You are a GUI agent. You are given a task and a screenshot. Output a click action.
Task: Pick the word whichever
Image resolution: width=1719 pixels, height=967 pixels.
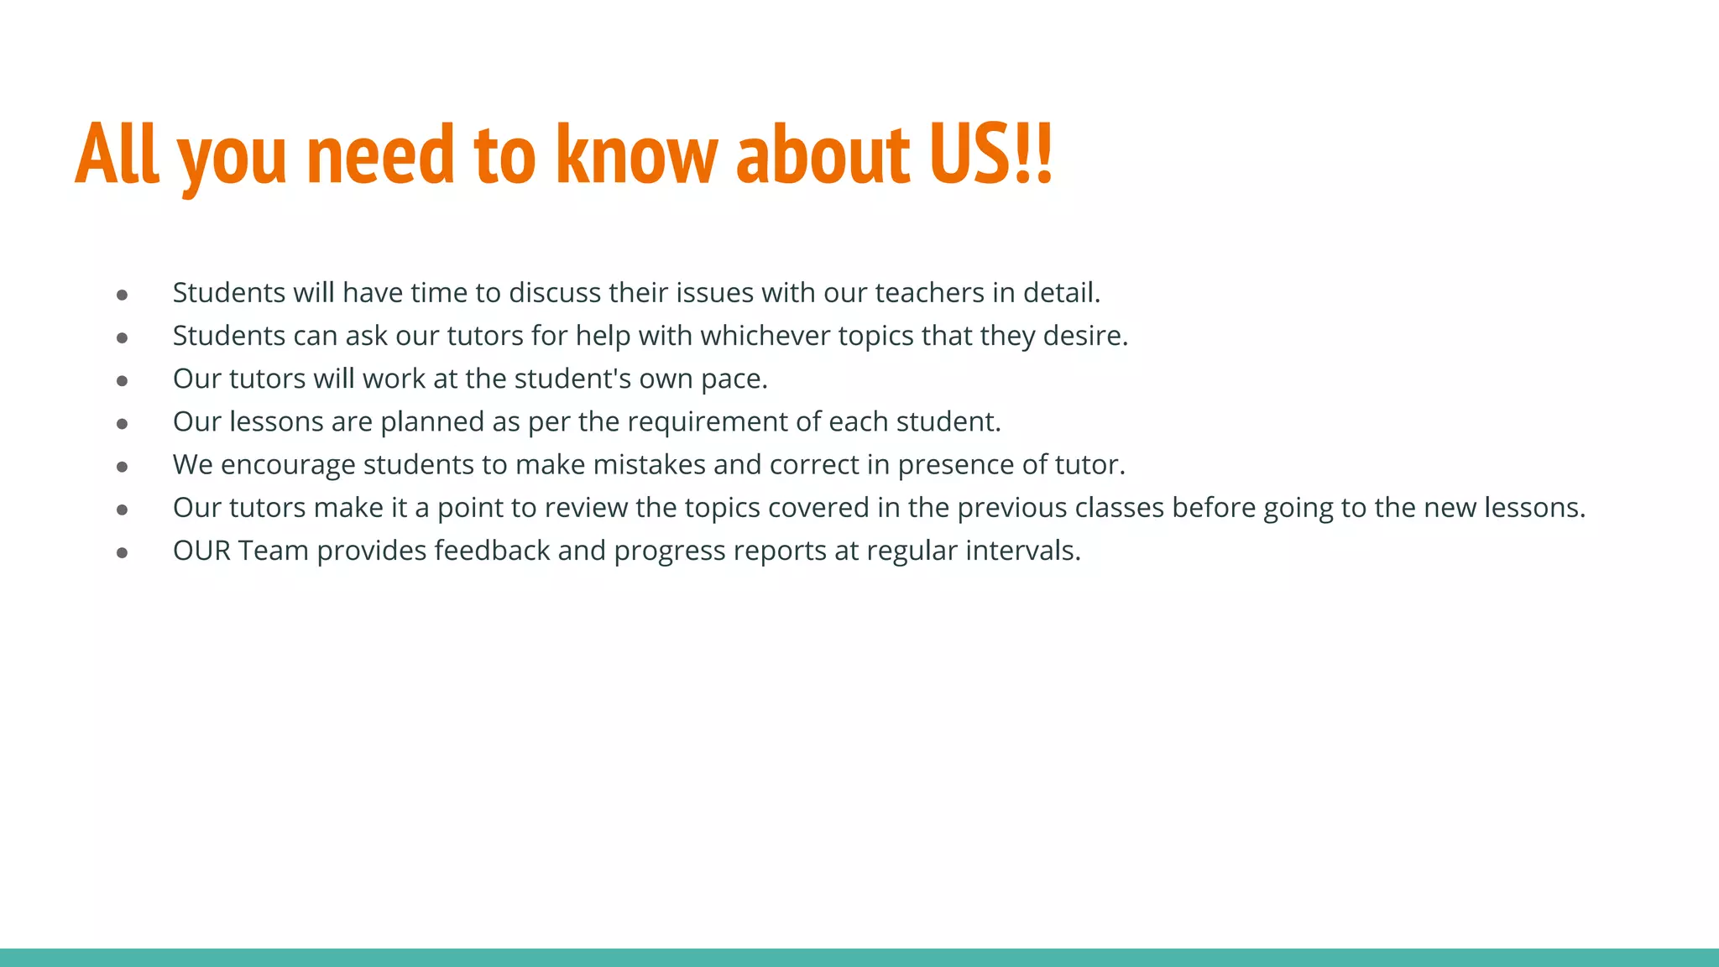click(x=765, y=336)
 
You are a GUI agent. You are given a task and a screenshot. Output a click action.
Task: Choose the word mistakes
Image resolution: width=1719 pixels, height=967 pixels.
click(x=649, y=465)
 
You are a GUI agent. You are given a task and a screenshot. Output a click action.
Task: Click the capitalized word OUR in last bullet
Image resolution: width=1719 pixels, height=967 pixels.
click(x=201, y=551)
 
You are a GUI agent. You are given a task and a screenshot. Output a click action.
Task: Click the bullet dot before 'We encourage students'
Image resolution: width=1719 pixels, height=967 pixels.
click(x=123, y=467)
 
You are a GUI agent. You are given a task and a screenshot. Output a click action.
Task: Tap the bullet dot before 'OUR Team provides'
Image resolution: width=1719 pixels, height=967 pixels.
click(x=123, y=552)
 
